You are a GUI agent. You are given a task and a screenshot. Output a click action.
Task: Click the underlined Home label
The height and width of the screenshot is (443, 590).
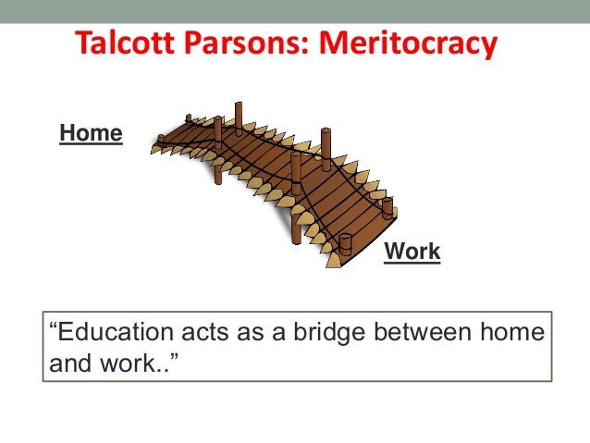click(91, 133)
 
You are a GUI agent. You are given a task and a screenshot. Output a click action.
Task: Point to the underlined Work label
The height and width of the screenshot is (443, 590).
click(412, 252)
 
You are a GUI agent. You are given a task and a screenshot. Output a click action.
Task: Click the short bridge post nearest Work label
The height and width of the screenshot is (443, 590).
click(345, 246)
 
